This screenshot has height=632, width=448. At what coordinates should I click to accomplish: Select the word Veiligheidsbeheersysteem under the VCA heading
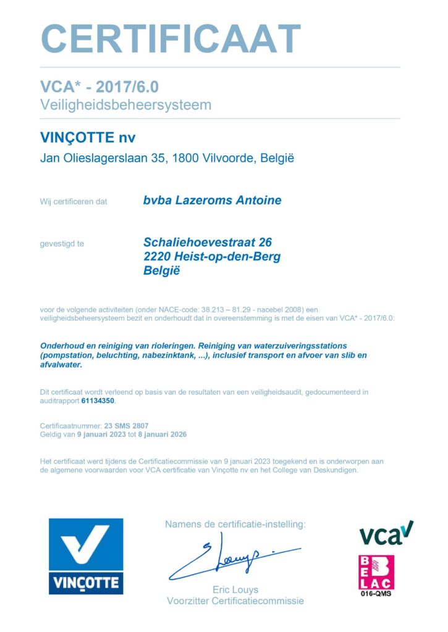[x=125, y=104]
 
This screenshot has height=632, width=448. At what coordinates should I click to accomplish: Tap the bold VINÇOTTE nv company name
[x=87, y=137]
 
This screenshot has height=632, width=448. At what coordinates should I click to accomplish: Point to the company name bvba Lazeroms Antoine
[x=212, y=200]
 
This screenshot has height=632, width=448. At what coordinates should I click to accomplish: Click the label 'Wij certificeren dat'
[x=74, y=201]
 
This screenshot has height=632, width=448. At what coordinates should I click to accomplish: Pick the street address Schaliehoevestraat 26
[x=208, y=243]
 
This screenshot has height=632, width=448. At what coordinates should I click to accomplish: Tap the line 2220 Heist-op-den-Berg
[x=211, y=256]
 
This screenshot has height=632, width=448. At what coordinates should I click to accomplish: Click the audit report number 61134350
[x=98, y=401]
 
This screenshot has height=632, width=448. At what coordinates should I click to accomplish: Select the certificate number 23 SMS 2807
[x=126, y=426]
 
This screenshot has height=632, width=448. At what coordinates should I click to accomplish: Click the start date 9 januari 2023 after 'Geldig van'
[x=101, y=434]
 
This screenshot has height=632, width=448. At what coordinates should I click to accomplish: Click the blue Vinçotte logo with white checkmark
[x=86, y=556]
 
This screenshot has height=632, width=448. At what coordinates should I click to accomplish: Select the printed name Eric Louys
[x=235, y=589]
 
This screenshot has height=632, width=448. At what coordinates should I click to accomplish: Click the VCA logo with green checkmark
[x=386, y=533]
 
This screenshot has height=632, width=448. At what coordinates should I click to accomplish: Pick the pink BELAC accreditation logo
[x=376, y=572]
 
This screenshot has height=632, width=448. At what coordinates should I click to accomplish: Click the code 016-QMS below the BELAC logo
[x=376, y=594]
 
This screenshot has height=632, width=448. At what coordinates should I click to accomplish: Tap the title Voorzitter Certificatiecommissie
[x=235, y=601]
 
